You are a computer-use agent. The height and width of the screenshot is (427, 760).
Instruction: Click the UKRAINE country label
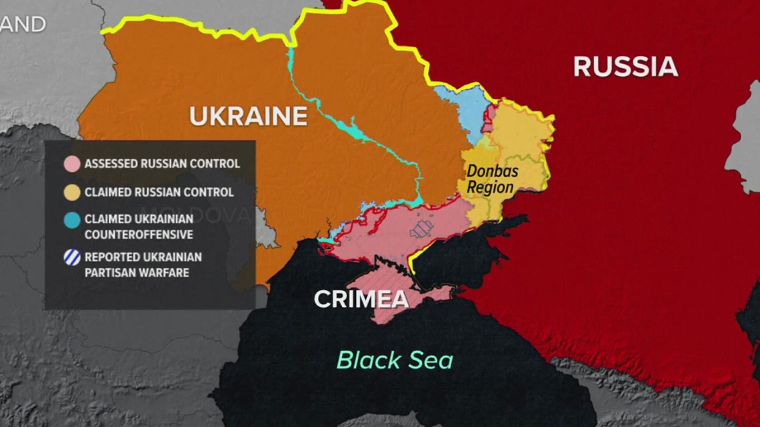pyautogui.click(x=248, y=117)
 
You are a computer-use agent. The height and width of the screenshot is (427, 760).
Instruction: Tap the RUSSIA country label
pyautogui.click(x=625, y=67)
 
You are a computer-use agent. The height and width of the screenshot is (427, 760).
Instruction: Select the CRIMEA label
pyautogui.click(x=361, y=299)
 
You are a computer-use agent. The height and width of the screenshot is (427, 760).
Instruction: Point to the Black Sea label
pyautogui.click(x=394, y=360)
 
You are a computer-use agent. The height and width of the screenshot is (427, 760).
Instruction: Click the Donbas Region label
pyautogui.click(x=492, y=179)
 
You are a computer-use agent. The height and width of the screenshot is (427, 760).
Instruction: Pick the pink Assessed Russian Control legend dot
pyautogui.click(x=72, y=164)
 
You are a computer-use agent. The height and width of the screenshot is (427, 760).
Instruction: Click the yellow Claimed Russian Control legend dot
pyautogui.click(x=72, y=193)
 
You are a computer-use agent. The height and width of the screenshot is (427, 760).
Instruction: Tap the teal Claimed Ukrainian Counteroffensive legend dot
pyautogui.click(x=72, y=220)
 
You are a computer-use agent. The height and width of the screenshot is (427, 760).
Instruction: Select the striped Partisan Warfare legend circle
pyautogui.click(x=72, y=258)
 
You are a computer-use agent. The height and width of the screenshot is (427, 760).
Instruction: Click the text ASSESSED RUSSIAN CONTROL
pyautogui.click(x=162, y=164)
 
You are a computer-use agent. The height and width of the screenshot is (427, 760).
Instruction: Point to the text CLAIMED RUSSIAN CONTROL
pyautogui.click(x=159, y=193)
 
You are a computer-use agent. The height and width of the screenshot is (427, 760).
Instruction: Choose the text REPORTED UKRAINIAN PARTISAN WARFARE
pyautogui.click(x=143, y=264)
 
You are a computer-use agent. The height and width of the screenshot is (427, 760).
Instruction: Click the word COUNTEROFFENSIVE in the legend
pyautogui.click(x=138, y=234)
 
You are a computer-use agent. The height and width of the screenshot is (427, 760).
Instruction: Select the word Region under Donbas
pyautogui.click(x=490, y=187)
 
